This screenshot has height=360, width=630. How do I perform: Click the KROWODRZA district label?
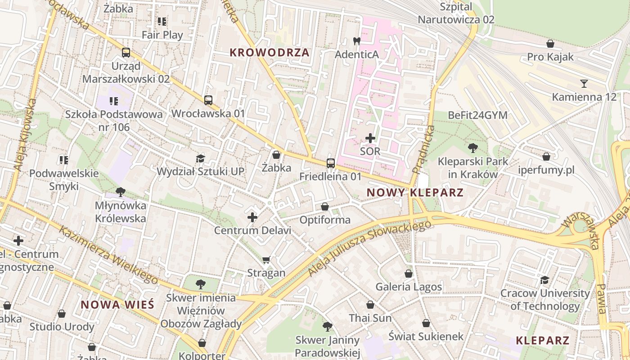pos(270,53)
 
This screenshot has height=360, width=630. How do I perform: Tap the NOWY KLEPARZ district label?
pos(415,193)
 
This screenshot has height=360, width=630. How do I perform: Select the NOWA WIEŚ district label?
pos(117,304)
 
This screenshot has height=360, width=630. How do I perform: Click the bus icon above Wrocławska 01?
pos(208,100)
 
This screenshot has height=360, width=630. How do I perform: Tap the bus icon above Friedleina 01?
pos(331,163)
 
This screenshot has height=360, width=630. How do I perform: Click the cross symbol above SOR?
pos(370,138)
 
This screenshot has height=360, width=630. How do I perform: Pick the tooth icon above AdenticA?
pos(357,41)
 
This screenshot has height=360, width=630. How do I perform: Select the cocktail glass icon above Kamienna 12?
pos(584,83)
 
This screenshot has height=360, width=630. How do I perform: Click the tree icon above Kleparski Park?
pos(473,148)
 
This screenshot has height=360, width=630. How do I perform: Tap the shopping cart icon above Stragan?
pos(266,260)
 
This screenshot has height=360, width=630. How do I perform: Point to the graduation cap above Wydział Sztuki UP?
pos(200,158)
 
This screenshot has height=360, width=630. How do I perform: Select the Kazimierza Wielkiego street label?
pos(108,255)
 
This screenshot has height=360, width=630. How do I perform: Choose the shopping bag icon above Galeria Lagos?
pos(409,273)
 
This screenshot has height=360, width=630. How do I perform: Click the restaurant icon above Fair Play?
pos(162,22)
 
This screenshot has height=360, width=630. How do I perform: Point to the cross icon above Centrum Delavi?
pos(252,217)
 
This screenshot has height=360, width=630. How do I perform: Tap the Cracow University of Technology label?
pos(545,300)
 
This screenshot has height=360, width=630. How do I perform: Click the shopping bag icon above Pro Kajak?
pos(550,44)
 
